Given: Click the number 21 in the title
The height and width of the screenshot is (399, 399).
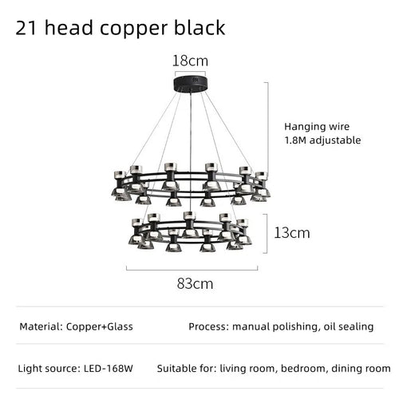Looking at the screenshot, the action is (26, 28).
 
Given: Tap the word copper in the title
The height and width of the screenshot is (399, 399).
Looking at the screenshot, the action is (133, 30).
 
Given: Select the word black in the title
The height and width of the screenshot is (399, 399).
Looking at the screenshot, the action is (199, 27).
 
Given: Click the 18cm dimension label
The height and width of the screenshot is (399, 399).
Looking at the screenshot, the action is (190, 61).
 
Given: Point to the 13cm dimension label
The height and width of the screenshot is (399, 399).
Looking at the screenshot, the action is (292, 233).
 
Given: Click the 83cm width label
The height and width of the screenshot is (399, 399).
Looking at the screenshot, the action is (195, 284).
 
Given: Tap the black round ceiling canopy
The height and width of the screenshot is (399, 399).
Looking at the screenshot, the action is (190, 84).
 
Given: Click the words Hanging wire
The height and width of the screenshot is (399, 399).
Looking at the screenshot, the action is (317, 127).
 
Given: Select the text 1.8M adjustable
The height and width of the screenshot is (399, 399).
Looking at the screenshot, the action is (322, 140).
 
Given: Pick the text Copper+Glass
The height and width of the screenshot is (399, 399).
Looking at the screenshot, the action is (100, 326).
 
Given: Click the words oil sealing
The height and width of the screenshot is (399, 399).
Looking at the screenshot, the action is (349, 327).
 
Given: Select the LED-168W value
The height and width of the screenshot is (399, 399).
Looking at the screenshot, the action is (109, 369).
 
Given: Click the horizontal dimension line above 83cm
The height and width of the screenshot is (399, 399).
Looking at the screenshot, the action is (192, 270).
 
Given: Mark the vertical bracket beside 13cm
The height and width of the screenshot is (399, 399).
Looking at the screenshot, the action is (266, 233).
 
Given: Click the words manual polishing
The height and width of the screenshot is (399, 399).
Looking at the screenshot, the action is (276, 327).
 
